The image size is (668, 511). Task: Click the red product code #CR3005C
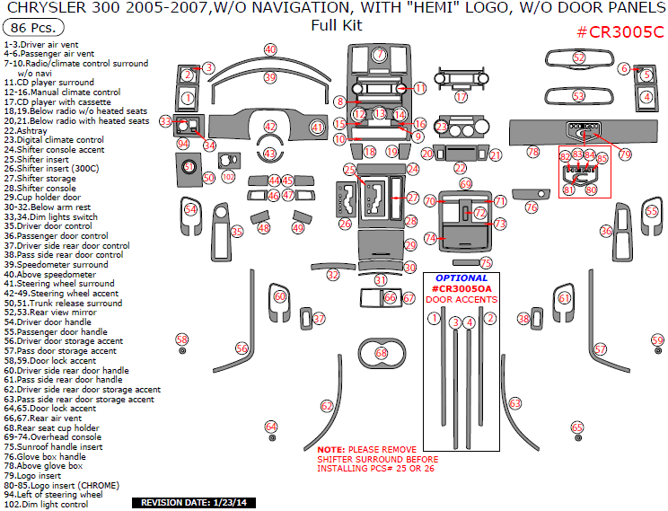pyautogui.click(x=620, y=32)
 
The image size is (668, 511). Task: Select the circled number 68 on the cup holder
pyautogui.click(x=382, y=354)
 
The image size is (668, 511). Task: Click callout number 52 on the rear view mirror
pyautogui.click(x=579, y=58)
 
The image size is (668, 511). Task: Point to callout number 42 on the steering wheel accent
pyautogui.click(x=270, y=127)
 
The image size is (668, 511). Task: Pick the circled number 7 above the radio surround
pyautogui.click(x=380, y=55)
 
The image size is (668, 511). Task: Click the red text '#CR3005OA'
pyautogui.click(x=461, y=288)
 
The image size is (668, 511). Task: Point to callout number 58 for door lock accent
pyautogui.click(x=182, y=339)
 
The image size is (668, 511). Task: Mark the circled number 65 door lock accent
pyautogui.click(x=577, y=427)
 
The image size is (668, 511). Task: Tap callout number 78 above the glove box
pyautogui.click(x=533, y=153)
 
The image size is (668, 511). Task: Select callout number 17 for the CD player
pyautogui.click(x=461, y=97)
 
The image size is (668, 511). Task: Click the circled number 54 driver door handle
pyautogui.click(x=190, y=210)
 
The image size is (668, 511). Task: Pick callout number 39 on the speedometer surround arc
pyautogui.click(x=270, y=78)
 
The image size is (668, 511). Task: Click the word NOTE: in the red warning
pyautogui.click(x=330, y=449)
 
